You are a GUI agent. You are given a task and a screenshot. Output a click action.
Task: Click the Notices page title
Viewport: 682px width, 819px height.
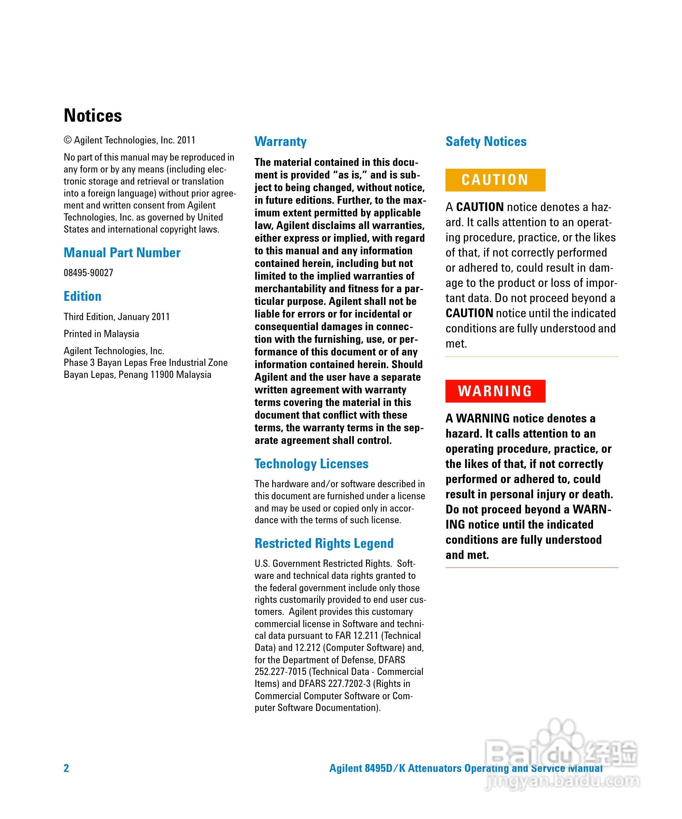[x=93, y=115]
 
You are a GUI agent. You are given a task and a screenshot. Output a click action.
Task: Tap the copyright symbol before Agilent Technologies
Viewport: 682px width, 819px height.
[x=68, y=140]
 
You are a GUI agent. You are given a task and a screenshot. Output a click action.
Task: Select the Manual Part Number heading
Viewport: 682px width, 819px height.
[x=122, y=253]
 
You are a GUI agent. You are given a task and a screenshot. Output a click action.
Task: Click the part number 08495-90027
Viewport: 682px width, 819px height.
[x=88, y=273]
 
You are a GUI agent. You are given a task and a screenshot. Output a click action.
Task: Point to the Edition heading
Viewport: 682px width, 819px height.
[x=83, y=296]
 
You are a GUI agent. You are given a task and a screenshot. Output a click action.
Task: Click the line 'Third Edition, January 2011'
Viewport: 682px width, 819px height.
[x=117, y=317]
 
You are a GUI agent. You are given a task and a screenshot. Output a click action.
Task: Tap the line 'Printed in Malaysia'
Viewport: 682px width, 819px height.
[x=101, y=334]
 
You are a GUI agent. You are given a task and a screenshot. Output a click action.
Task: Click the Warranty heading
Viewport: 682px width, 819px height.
[x=281, y=142]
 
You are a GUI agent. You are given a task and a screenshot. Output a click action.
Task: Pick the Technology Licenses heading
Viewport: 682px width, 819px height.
[x=311, y=464]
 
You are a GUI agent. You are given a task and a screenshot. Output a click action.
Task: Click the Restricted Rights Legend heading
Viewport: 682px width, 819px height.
[x=324, y=543]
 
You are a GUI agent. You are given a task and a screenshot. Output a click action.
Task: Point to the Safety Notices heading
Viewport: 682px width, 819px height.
[x=486, y=142]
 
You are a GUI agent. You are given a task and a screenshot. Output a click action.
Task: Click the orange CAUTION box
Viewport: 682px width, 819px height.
[x=495, y=180]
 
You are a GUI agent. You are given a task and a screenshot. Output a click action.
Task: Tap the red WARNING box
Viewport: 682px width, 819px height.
[x=495, y=391]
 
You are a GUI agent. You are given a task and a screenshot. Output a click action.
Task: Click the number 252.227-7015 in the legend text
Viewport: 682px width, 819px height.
[x=281, y=671]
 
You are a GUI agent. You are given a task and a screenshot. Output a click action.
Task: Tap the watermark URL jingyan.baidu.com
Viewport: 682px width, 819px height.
[x=561, y=781]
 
